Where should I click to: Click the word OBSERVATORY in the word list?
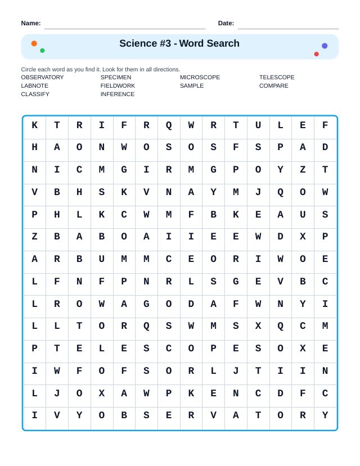42,78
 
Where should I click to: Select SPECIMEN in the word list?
116,78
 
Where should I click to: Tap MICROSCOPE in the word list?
200,78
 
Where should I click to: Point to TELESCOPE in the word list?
277,78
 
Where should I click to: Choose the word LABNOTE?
35,86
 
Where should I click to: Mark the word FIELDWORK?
118,86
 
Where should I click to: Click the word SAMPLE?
192,86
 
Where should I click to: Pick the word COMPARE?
273,86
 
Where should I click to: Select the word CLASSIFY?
35,94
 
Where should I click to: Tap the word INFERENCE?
118,94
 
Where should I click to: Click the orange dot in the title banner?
34,43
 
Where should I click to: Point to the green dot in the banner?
42,51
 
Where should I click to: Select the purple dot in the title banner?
325,46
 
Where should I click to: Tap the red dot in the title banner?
316,54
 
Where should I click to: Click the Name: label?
31,23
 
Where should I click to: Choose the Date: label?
226,23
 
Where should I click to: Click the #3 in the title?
164,44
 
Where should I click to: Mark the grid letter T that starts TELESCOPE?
57,349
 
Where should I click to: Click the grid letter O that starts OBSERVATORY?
101,416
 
